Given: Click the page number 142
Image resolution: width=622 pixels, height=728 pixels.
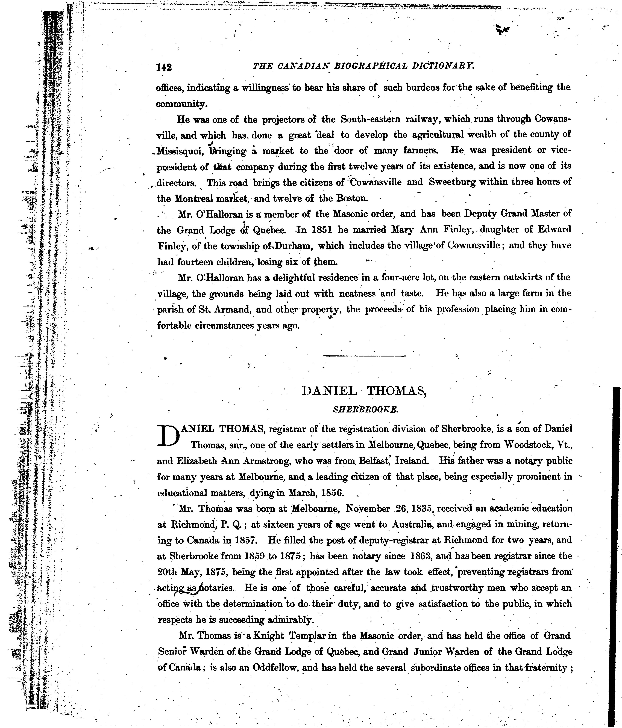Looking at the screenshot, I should click(164, 67).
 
